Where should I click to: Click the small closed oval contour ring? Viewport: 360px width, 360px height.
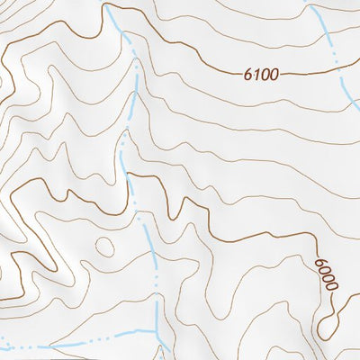105,245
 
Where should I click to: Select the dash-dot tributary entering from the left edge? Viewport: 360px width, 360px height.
54,345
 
